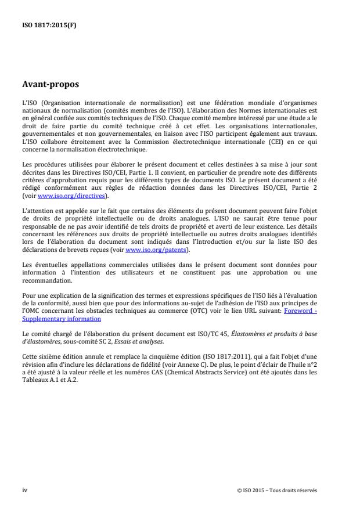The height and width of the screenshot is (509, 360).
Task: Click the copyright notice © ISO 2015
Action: (277, 490)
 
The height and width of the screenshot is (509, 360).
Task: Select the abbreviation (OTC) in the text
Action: (203, 311)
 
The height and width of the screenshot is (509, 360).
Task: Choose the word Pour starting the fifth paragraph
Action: (28, 297)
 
